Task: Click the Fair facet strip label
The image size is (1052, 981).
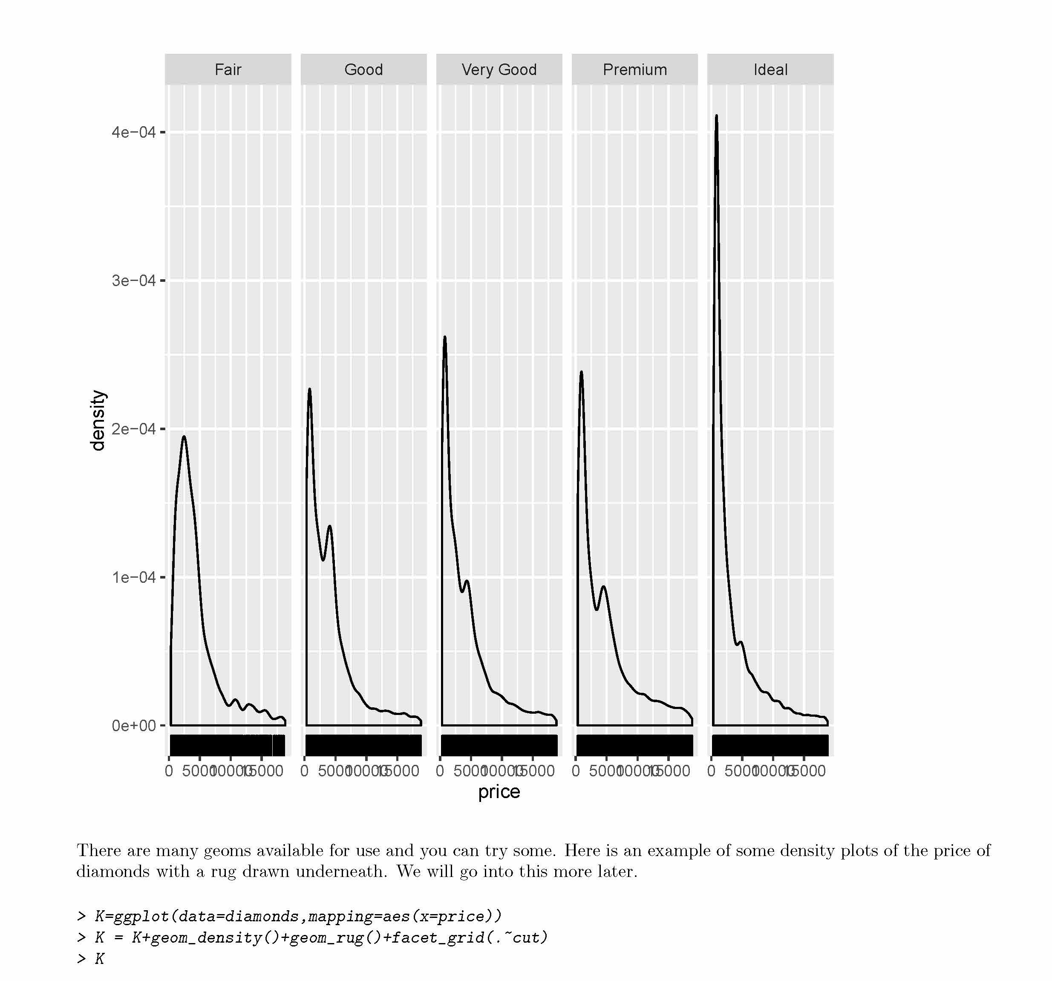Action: (228, 69)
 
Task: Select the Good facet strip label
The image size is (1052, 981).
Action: (363, 69)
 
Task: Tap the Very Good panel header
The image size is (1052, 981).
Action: (499, 69)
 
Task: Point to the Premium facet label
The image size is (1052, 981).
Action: (634, 69)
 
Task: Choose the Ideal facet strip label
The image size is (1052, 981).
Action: (770, 69)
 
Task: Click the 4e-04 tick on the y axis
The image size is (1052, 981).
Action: (133, 132)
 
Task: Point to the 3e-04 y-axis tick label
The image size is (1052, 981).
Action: (133, 281)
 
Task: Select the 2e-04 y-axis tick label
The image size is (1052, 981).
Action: (133, 429)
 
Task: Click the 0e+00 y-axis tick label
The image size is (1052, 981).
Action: (133, 725)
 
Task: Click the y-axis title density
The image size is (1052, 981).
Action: (98, 420)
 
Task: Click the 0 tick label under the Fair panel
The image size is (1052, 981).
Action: (169, 771)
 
